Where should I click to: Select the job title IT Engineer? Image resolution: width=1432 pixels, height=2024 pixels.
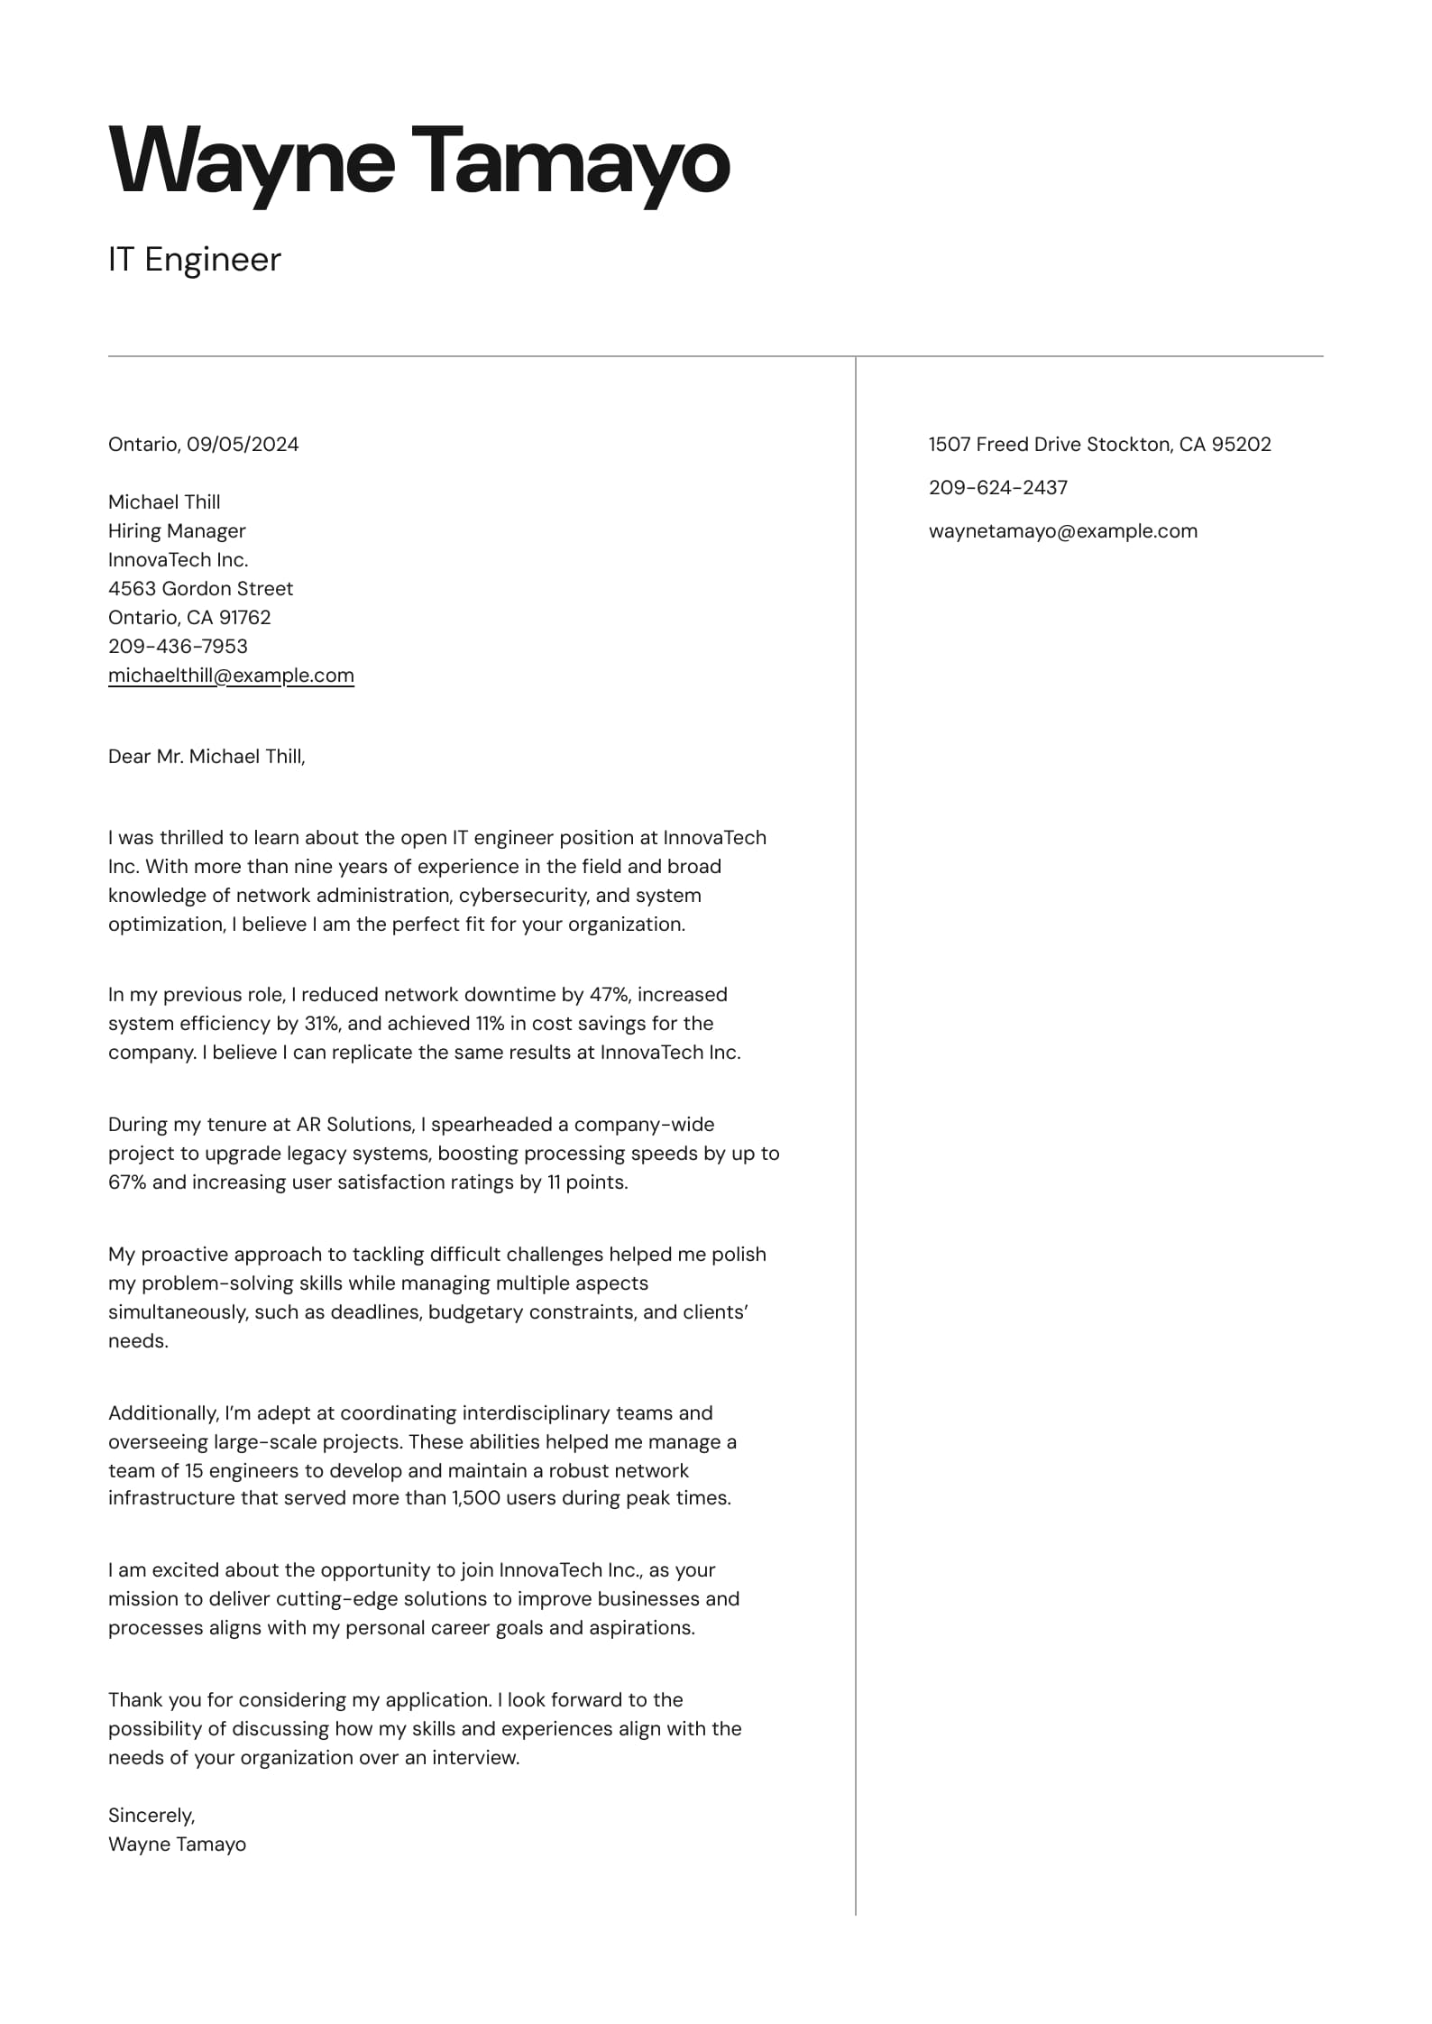click(194, 260)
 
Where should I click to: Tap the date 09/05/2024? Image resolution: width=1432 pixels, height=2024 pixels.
click(243, 444)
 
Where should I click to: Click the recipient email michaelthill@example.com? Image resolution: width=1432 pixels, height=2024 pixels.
click(231, 675)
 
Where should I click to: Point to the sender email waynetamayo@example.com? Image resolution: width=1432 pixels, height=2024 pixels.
click(1062, 530)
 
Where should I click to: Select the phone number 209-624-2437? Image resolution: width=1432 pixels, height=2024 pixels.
click(997, 487)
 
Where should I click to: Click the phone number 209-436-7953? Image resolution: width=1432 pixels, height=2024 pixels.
click(178, 646)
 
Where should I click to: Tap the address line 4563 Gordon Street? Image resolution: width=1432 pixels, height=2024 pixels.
click(200, 588)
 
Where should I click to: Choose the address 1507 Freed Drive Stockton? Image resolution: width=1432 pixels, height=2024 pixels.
click(1051, 444)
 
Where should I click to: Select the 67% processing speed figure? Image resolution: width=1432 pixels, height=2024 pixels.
click(126, 1182)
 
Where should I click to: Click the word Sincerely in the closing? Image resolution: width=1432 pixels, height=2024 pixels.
click(151, 1815)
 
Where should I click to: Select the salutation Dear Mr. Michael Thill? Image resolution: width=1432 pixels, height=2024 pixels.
click(207, 756)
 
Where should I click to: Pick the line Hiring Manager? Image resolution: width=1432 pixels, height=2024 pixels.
click(177, 530)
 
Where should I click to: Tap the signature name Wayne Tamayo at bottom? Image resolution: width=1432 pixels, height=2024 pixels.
click(177, 1844)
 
